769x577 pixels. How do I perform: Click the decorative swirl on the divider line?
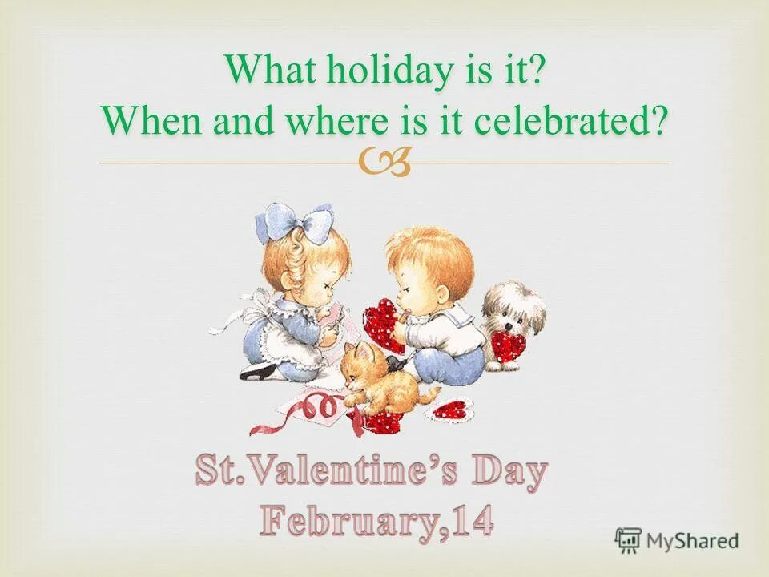click(384, 164)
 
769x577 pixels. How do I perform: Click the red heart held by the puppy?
click(509, 345)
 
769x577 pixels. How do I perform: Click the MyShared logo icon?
click(628, 539)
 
